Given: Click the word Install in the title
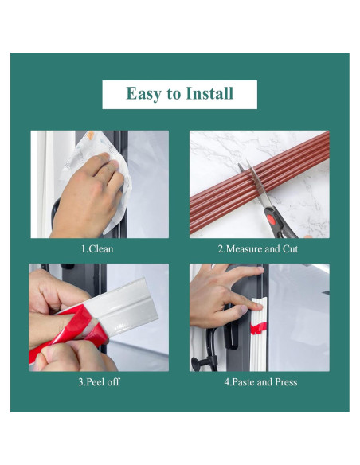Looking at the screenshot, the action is pyautogui.click(x=209, y=93).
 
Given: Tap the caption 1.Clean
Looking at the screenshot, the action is pyautogui.click(x=97, y=248).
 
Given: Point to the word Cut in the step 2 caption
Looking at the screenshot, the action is pyautogui.click(x=290, y=248).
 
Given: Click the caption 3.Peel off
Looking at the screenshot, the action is pyautogui.click(x=99, y=381).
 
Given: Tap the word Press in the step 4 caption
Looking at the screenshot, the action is pyautogui.click(x=286, y=381).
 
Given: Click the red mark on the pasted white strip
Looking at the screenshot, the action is pyautogui.click(x=259, y=329).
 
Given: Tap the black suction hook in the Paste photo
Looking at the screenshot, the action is pyautogui.click(x=205, y=362).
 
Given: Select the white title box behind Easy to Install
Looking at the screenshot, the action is pyautogui.click(x=180, y=95).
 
